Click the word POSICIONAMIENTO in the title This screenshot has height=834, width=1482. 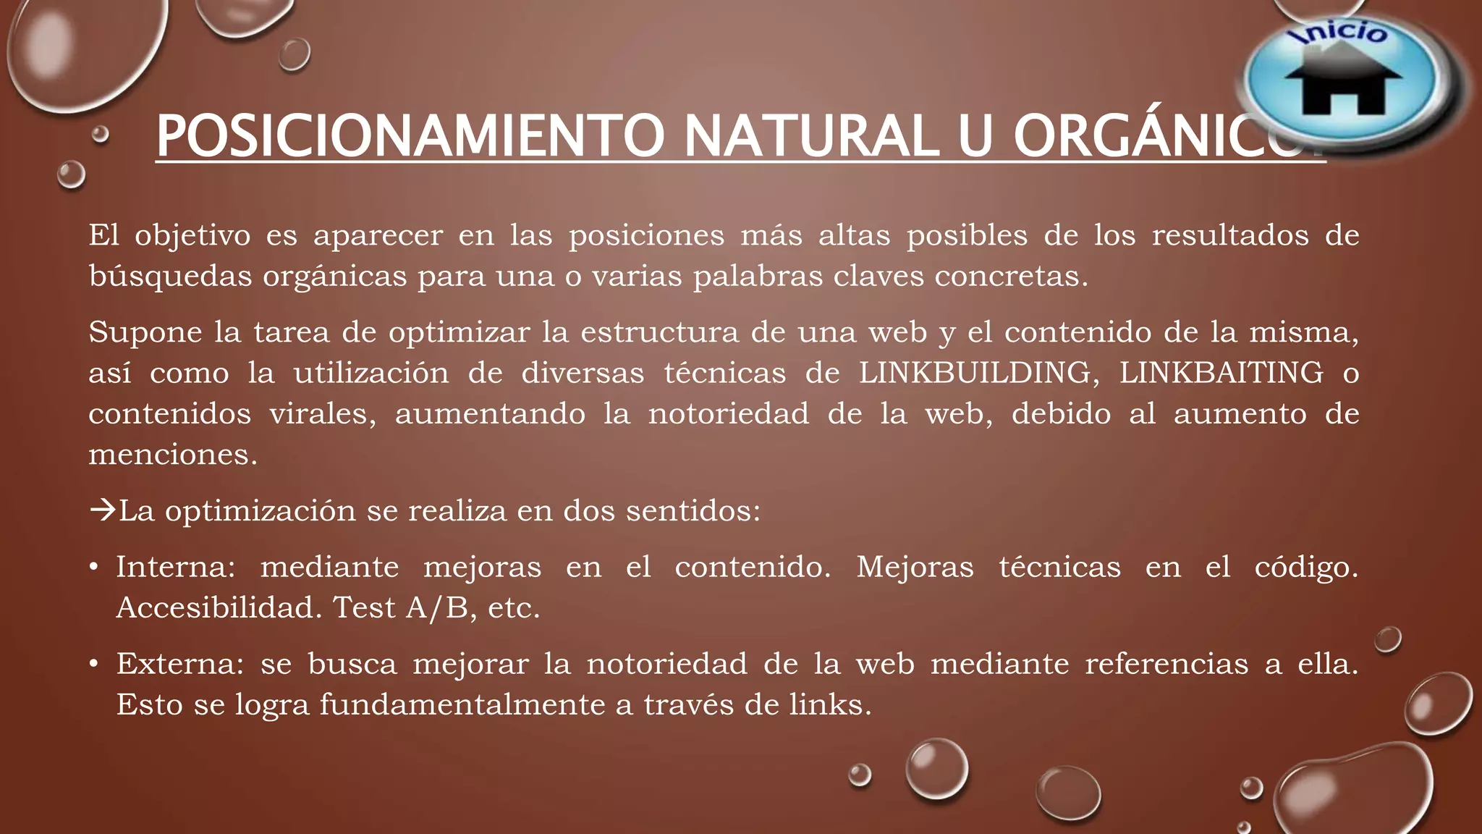tap(410, 136)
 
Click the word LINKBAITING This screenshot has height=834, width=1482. tap(1221, 373)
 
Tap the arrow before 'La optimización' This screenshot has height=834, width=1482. tap(102, 510)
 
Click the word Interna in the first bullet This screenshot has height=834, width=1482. tap(175, 567)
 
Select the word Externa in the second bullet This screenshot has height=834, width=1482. tap(180, 664)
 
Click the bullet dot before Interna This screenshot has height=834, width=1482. tap(94, 567)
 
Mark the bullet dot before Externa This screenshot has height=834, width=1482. tap(94, 664)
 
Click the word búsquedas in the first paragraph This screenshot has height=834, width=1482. tap(170, 277)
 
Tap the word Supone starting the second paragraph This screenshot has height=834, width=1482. tap(145, 333)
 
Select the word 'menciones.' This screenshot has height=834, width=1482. tap(173, 455)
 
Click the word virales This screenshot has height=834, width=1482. tap(323, 414)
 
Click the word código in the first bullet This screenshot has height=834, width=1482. tap(1305, 567)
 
